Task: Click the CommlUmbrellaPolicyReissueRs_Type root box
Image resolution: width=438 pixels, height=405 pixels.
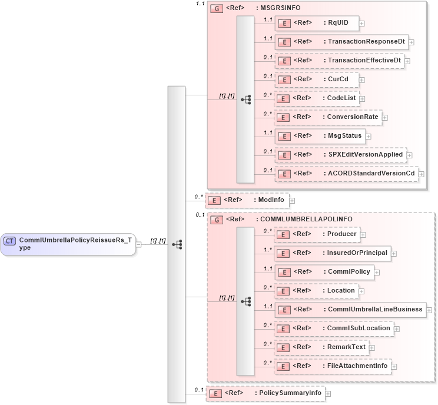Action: tap(68, 244)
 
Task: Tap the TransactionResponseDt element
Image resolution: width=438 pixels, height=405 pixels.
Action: tap(341, 42)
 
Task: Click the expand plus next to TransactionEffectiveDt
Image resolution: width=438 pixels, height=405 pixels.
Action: tap(407, 61)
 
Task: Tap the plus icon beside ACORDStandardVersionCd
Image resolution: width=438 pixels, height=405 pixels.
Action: tap(421, 174)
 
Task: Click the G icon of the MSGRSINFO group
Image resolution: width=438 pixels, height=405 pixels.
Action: tap(217, 9)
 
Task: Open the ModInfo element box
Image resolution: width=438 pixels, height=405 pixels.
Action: tap(247, 200)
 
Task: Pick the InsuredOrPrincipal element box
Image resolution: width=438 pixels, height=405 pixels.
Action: tap(333, 253)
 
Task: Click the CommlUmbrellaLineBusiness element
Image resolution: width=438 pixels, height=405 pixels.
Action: tap(350, 310)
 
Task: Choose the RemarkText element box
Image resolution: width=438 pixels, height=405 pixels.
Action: tap(321, 347)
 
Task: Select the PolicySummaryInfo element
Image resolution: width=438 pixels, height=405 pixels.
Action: tap(265, 393)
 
